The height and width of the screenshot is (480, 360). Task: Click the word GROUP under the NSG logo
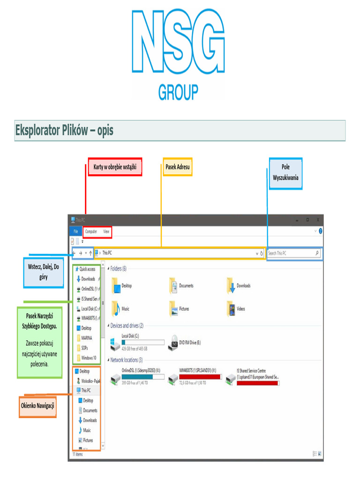tap(178, 92)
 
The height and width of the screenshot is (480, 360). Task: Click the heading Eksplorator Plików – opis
tap(64, 130)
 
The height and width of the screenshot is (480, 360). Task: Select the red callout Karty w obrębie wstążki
tap(115, 167)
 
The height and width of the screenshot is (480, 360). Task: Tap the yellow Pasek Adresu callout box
tap(178, 167)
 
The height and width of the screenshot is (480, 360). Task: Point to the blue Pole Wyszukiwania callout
tap(285, 172)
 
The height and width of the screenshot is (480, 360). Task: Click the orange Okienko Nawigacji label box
tap(37, 406)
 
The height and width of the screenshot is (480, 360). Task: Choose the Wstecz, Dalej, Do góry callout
tap(43, 272)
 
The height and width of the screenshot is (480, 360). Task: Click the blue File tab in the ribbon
tap(75, 232)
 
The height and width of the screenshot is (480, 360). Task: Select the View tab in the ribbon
tap(106, 232)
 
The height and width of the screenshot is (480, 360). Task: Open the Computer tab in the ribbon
tap(91, 232)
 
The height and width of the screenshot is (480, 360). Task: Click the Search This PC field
tap(291, 253)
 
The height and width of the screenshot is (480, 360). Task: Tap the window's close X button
tap(318, 219)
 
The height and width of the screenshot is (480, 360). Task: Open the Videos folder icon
tap(231, 309)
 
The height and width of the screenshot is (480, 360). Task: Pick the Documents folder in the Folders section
tap(173, 285)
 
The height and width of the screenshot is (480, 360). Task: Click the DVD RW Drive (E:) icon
tap(174, 342)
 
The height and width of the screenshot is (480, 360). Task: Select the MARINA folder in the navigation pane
tap(86, 338)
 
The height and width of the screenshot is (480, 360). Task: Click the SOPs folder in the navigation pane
tap(84, 348)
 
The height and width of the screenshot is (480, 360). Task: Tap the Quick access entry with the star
tap(87, 269)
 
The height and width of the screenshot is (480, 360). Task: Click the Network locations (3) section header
tap(126, 360)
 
